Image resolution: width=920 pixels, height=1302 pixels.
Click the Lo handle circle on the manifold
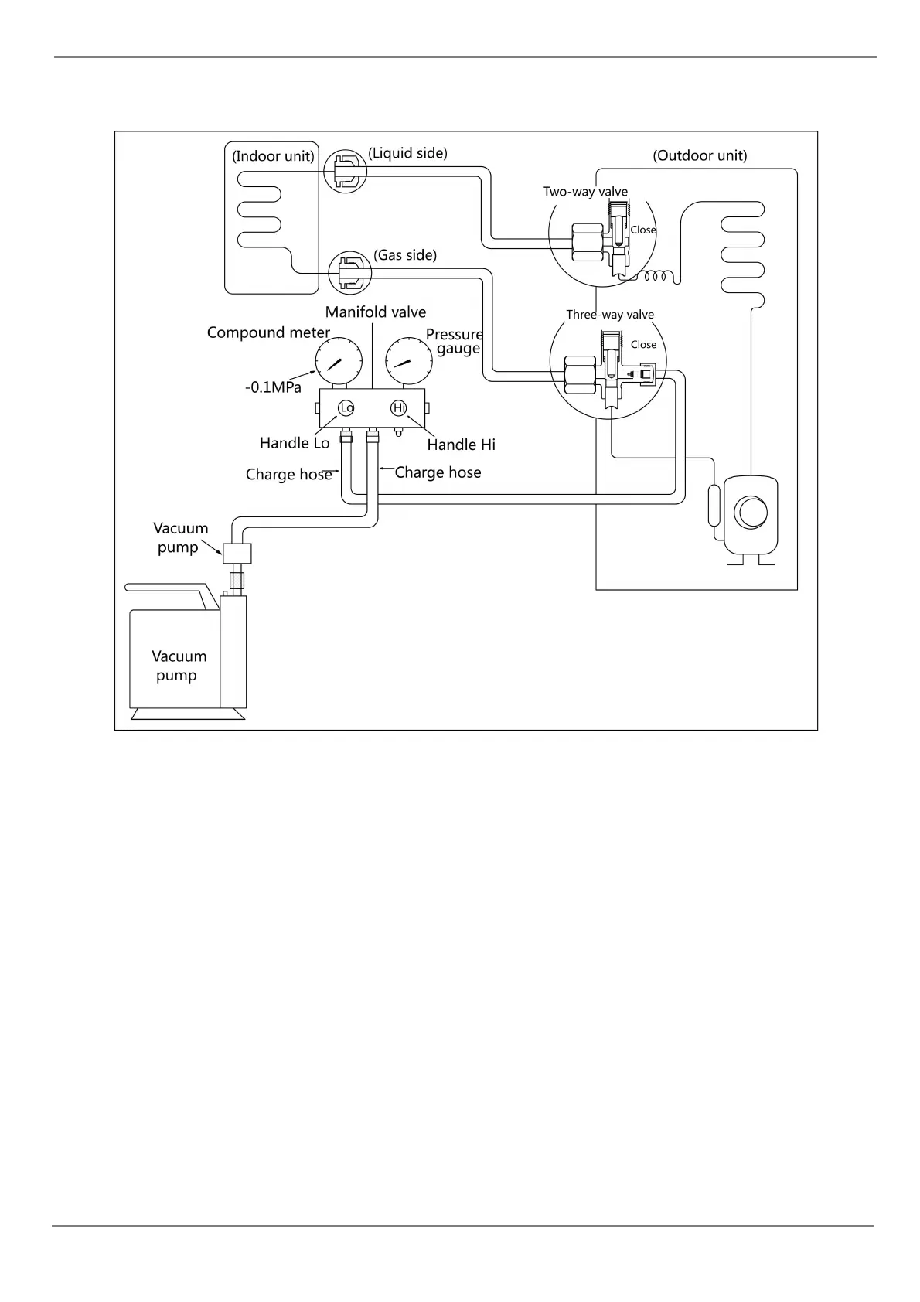click(x=346, y=407)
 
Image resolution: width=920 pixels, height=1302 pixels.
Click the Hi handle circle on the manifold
click(x=399, y=407)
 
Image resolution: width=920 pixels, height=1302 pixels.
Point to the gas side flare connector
click(x=350, y=272)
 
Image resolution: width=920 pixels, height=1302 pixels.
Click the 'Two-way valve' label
click(x=585, y=192)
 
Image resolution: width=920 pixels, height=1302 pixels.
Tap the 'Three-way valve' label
click(x=610, y=315)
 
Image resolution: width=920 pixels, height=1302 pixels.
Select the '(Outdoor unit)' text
click(x=700, y=155)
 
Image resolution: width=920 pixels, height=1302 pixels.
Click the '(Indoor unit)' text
click(x=273, y=156)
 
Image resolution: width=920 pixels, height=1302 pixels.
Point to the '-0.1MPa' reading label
click(x=273, y=387)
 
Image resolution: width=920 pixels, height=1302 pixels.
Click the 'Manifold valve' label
click(x=375, y=312)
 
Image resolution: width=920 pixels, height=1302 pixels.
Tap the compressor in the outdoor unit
click(x=749, y=513)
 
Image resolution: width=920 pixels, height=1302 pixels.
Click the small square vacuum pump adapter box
click(x=237, y=554)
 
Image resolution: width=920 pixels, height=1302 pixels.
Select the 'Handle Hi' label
click(x=461, y=445)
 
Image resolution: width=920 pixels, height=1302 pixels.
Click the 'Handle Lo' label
click(x=295, y=443)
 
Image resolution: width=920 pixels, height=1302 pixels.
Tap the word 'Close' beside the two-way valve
click(x=643, y=230)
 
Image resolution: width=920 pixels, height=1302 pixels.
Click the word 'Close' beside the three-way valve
click(x=643, y=345)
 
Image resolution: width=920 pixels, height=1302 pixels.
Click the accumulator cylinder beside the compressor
click(x=714, y=505)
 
